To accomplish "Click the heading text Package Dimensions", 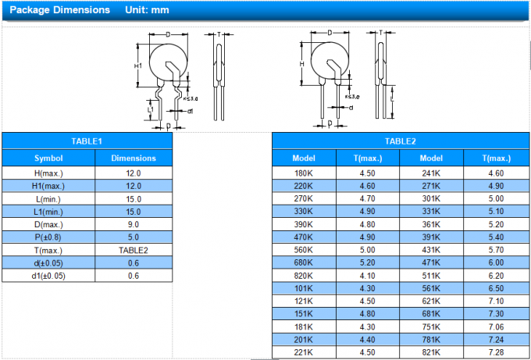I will pyautogui.click(x=55, y=10).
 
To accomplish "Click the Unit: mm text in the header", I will pyautogui.click(x=148, y=10).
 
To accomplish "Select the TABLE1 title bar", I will pyautogui.click(x=87, y=141).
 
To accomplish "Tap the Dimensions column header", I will pyautogui.click(x=134, y=158).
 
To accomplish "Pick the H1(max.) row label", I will pyautogui.click(x=48, y=186).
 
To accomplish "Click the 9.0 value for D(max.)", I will pyautogui.click(x=134, y=225).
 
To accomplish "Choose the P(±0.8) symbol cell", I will pyautogui.click(x=48, y=237).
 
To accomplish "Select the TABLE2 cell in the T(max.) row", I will pyautogui.click(x=134, y=251).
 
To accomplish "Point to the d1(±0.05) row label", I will pyautogui.click(x=48, y=276).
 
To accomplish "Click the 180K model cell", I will pyautogui.click(x=303, y=173).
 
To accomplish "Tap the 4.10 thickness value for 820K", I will pyautogui.click(x=367, y=276).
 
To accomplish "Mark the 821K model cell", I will pyautogui.click(x=431, y=352).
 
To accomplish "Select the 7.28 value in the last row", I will pyautogui.click(x=495, y=352).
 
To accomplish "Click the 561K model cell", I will pyautogui.click(x=431, y=288).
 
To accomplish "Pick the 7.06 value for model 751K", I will pyautogui.click(x=495, y=326).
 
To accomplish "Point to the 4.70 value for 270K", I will pyautogui.click(x=367, y=199).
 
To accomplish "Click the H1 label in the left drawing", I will pyautogui.click(x=138, y=66).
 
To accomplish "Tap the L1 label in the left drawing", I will pyautogui.click(x=150, y=111).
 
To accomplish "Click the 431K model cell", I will pyautogui.click(x=431, y=250).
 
